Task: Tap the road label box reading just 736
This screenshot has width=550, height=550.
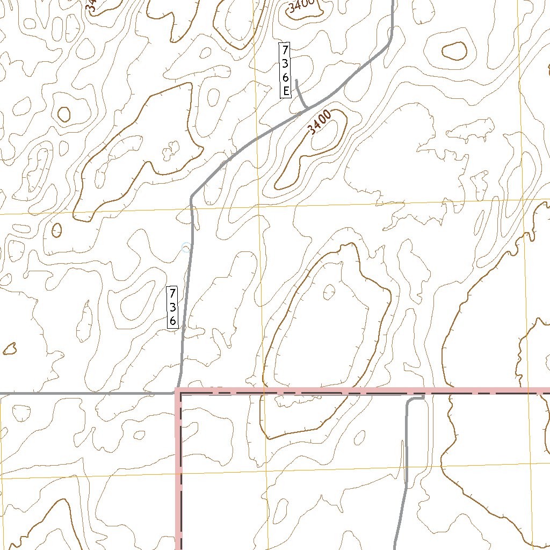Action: click(172, 307)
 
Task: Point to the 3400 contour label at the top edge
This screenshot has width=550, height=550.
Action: click(301, 6)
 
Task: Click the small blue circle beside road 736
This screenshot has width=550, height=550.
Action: click(186, 248)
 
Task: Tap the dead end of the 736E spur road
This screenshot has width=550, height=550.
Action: click(296, 79)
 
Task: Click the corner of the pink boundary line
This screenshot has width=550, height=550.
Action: click(178, 390)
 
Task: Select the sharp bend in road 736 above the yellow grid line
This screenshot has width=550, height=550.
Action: click(191, 197)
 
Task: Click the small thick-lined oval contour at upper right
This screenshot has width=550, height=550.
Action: click(454, 51)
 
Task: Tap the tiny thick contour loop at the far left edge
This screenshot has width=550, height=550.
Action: click(9, 349)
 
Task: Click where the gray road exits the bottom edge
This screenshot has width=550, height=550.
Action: click(395, 547)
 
